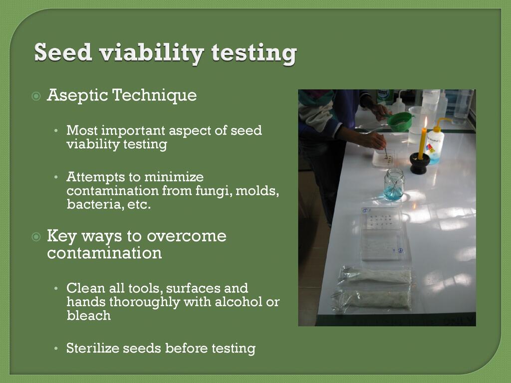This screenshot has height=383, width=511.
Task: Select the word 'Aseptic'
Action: point(77,95)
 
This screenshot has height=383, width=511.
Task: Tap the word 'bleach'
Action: point(89,315)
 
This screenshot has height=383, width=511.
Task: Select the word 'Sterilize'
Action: point(93,348)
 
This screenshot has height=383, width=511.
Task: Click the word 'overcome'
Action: point(187,236)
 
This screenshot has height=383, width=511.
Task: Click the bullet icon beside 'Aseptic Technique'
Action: point(36,96)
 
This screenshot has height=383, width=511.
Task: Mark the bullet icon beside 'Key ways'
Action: point(36,237)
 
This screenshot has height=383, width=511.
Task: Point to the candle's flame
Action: point(425,122)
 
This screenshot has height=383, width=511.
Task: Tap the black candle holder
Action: point(419,163)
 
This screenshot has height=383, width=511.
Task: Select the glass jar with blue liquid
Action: point(394,184)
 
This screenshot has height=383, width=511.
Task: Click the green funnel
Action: point(400,121)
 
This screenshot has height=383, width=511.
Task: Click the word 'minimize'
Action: point(174,177)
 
